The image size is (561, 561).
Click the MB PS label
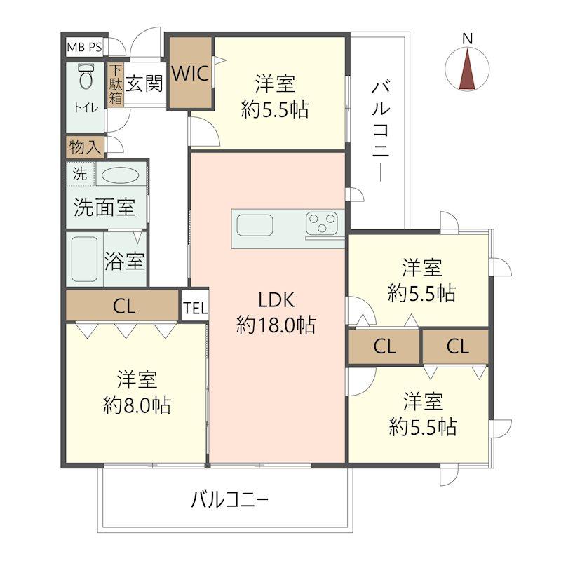pos(84,48)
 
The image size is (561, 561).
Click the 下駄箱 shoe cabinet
pos(115,86)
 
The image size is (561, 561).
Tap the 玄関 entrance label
pos(144,84)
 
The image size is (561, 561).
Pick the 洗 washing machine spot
pos(80,175)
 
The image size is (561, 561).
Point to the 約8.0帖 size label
pos(136,405)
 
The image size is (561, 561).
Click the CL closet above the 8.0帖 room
pos(123,306)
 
